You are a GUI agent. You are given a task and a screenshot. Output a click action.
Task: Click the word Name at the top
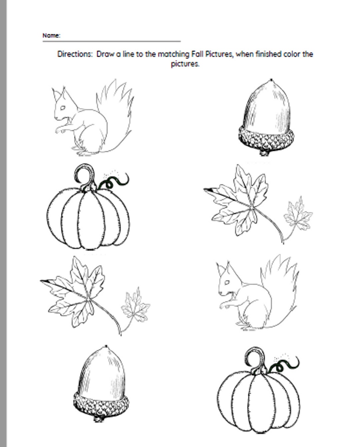[x=51, y=35]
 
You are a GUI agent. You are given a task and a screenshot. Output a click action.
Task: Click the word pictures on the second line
[x=185, y=64]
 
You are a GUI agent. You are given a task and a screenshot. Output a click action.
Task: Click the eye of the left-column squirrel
[x=63, y=108]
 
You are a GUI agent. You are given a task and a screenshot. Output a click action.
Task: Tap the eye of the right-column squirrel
[x=227, y=282]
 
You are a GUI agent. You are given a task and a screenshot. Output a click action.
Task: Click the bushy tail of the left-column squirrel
[x=117, y=110]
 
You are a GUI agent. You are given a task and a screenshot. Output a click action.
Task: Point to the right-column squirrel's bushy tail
[x=282, y=283]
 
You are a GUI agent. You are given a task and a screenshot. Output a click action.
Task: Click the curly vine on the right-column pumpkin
[x=285, y=364]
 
